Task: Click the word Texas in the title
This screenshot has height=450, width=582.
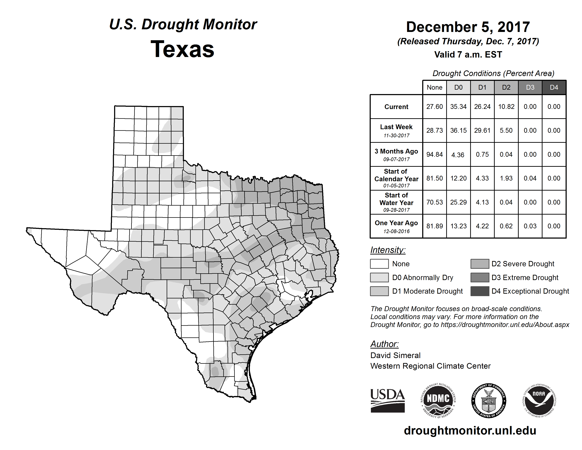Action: [182, 49]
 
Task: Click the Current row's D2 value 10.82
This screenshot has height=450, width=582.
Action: [506, 107]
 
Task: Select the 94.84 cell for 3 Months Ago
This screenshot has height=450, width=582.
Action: [434, 155]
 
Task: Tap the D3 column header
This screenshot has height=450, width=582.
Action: [530, 87]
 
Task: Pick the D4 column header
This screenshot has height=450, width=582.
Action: [554, 87]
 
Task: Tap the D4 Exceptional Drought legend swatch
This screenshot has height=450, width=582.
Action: [480, 291]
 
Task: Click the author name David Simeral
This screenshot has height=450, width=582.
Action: [395, 355]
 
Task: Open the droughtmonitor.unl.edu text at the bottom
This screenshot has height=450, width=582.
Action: [470, 431]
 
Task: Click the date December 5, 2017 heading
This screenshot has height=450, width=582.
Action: [468, 27]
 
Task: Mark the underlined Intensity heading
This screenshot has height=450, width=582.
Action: [388, 250]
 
